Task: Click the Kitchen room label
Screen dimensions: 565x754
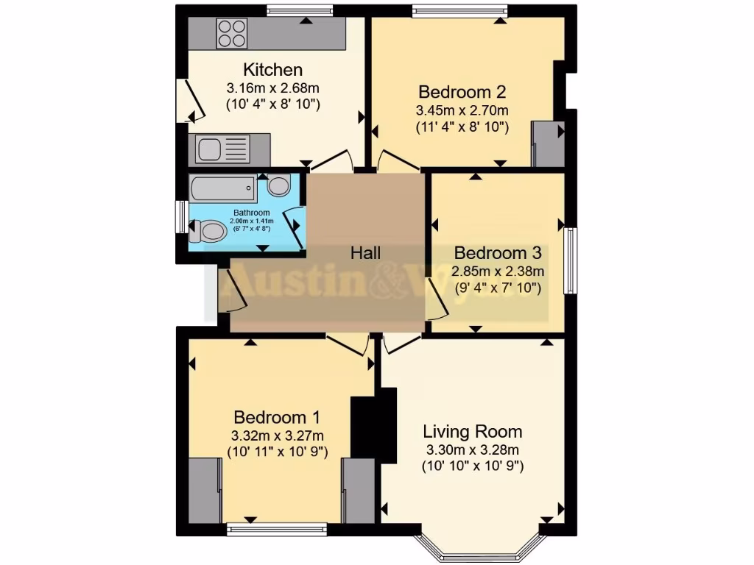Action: tap(273, 70)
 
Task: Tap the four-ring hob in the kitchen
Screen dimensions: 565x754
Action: tap(231, 32)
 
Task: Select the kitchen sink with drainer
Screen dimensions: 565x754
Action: tap(224, 149)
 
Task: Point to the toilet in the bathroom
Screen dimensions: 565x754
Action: tap(208, 232)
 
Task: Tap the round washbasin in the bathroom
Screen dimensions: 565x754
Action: tap(278, 185)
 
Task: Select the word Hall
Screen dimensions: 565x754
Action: tap(365, 253)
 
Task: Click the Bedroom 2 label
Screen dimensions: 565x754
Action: tap(462, 92)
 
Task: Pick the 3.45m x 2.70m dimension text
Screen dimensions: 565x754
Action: tap(462, 110)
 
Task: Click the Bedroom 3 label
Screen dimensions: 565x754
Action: tap(498, 253)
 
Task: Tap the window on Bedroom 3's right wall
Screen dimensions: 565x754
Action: tap(570, 261)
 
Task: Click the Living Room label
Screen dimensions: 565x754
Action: tap(473, 431)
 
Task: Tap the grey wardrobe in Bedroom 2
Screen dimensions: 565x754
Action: tap(548, 143)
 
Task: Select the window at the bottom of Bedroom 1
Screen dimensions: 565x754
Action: tap(276, 527)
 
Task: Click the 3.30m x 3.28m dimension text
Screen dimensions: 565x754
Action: tap(473, 449)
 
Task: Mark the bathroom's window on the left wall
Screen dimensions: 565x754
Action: tap(180, 218)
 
